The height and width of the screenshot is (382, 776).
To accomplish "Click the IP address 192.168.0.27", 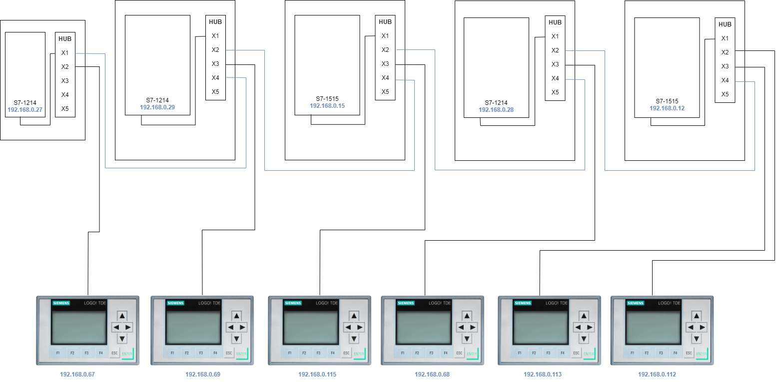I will coord(25,108).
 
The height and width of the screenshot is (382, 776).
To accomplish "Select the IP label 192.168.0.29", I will coord(157,107).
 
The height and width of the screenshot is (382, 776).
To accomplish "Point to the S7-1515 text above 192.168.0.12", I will coord(667,101).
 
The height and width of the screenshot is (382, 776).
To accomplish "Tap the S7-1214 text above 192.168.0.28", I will coord(496,102).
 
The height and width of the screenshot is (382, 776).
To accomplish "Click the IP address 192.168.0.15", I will coord(327,106).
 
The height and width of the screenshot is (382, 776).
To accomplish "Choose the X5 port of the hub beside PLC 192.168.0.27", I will coord(65,109).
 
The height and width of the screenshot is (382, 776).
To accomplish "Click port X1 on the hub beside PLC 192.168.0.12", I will coord(725,38).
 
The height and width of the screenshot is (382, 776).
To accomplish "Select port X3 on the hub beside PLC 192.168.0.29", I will coord(215,64).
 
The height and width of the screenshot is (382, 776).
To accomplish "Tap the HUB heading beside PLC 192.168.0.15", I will coord(385,22).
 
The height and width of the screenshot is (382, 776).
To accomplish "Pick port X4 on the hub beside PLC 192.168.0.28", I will coord(555,78).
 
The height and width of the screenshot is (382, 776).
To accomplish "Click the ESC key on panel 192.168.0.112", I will coord(689,353).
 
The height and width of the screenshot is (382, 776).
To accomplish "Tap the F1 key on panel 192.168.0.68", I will coord(402,353).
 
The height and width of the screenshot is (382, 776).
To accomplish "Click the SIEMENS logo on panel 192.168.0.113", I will coord(523,303).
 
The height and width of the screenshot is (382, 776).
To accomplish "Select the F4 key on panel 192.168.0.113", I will coord(562,353).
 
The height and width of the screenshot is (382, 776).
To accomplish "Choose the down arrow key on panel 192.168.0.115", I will coord(354,339).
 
